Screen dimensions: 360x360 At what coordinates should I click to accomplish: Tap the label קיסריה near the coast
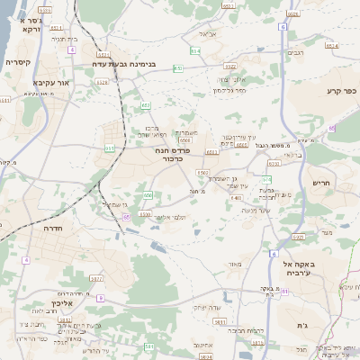(x=18, y=63)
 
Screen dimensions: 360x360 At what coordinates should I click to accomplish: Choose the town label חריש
(x=321, y=183)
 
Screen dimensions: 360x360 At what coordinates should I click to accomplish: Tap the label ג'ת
(x=302, y=324)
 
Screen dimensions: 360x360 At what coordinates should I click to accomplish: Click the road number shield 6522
(x=230, y=66)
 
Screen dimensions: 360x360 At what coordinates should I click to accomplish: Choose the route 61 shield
(x=284, y=292)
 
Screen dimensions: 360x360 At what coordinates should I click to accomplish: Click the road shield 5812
(x=220, y=320)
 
